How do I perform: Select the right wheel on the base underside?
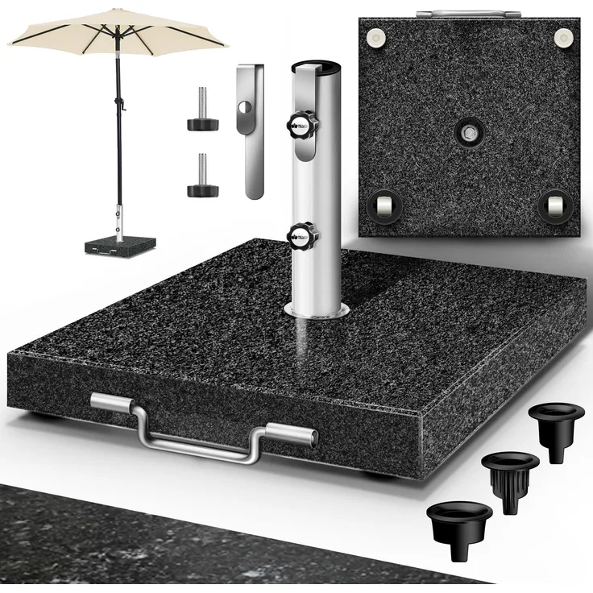554,207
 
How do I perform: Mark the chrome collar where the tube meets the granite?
315,310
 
